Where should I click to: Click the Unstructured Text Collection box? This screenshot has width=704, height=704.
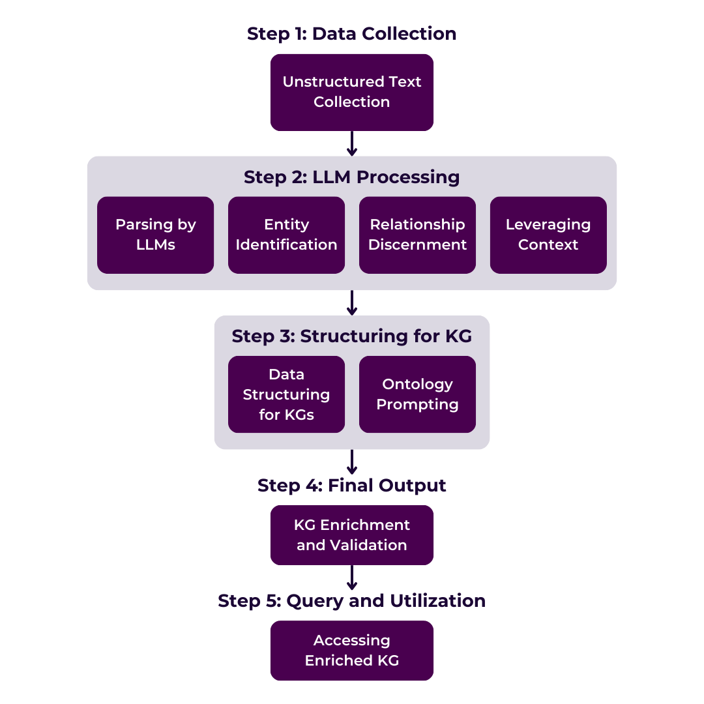[x=351, y=92]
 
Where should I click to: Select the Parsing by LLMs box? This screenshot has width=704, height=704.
[x=155, y=235]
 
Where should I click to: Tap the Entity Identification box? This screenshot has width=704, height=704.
[x=286, y=235]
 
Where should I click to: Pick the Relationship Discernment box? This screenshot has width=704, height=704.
[x=417, y=235]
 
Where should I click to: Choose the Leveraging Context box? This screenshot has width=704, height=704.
[x=548, y=235]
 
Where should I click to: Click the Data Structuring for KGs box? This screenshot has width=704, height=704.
[x=286, y=394]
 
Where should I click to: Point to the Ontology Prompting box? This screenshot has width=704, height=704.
[x=417, y=394]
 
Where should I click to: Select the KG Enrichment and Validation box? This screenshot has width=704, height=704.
[x=351, y=535]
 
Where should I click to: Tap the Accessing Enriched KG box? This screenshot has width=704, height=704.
[x=351, y=651]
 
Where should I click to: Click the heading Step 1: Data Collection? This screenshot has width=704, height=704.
[x=351, y=34]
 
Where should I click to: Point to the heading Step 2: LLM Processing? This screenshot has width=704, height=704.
[x=351, y=177]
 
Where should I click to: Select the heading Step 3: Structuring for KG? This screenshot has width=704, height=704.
[x=351, y=336]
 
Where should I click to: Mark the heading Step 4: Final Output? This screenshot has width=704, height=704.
[x=351, y=486]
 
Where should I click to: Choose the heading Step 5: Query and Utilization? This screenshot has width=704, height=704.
[x=351, y=601]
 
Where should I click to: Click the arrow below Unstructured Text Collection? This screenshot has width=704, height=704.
[x=351, y=143]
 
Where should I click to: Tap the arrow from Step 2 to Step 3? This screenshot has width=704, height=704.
[x=351, y=302]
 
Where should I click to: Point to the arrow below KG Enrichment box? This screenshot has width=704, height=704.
[x=351, y=578]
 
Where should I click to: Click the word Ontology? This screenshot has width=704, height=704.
[x=417, y=384]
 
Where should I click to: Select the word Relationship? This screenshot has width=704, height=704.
[x=417, y=224]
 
